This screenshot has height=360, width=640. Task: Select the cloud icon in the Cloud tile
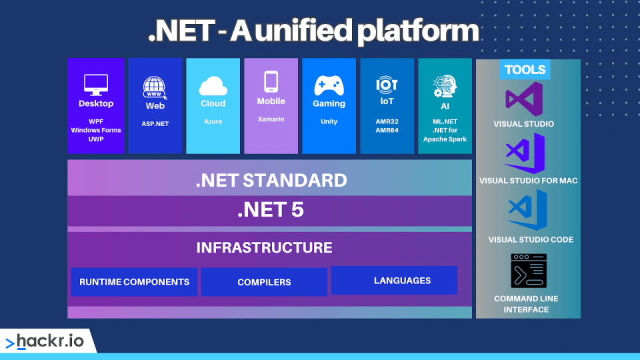(213, 86)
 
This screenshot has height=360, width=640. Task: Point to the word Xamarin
(271, 119)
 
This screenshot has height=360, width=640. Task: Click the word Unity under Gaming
(329, 121)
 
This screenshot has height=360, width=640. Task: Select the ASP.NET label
(155, 123)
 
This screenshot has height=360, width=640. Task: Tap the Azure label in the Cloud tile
(213, 121)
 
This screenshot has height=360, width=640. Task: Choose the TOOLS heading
(525, 69)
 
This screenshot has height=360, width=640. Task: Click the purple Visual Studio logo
(524, 99)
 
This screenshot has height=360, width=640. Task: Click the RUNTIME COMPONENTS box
(134, 282)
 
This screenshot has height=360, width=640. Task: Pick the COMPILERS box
(264, 282)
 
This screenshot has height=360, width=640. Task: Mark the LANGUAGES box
(394, 280)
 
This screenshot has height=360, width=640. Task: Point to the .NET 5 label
(270, 210)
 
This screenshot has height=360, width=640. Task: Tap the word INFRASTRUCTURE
(264, 247)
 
